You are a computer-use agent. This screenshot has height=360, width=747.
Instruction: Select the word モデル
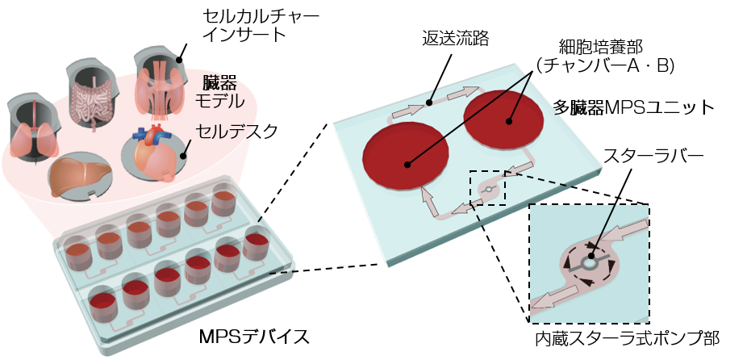point(219,103)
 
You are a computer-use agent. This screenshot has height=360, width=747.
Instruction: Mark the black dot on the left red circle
point(407,165)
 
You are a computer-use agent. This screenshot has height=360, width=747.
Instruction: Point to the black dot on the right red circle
point(509,122)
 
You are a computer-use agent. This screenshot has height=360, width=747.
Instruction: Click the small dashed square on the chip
point(488,188)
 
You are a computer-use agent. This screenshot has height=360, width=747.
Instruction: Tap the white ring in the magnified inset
point(590,262)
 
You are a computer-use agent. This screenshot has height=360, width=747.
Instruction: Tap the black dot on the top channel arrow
point(430,103)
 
